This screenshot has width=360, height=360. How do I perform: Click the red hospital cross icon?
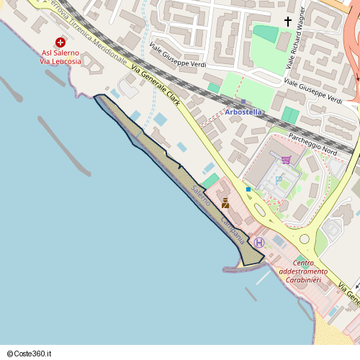(x=60, y=42)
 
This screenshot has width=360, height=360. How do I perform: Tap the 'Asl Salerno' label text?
(x=60, y=53)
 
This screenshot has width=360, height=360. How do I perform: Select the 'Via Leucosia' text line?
(x=60, y=62)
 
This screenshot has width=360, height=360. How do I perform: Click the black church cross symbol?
(x=288, y=22)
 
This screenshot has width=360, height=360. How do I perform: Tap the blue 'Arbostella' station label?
(x=243, y=112)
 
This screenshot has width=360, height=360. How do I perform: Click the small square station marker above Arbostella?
(x=243, y=102)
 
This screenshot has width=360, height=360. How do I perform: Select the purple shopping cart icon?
(x=286, y=159)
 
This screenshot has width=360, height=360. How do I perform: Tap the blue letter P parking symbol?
(x=279, y=178)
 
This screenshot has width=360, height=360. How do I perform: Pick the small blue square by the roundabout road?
(x=248, y=189)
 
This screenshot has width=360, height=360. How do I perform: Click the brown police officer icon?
(x=225, y=203)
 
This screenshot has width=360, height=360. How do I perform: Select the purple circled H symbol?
(x=259, y=242)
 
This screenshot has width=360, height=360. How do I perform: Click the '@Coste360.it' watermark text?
(x=30, y=354)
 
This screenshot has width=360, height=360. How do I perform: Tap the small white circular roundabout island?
(x=305, y=238)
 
